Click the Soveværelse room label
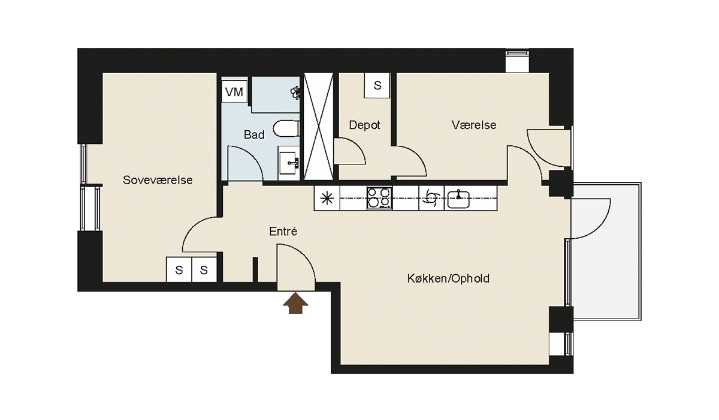158,180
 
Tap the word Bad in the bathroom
254,134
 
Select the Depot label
364,125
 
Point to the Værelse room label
474,125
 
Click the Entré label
283,232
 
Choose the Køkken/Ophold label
448,278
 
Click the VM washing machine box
234,91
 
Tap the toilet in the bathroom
286,128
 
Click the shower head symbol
295,92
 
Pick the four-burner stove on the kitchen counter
379,198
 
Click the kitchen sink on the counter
458,199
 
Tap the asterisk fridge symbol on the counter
327,198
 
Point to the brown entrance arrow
295,303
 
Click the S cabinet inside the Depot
377,85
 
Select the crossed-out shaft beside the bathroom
318,127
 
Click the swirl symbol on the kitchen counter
431,198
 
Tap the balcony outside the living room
606,251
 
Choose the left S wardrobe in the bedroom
179,269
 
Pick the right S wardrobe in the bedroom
204,269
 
